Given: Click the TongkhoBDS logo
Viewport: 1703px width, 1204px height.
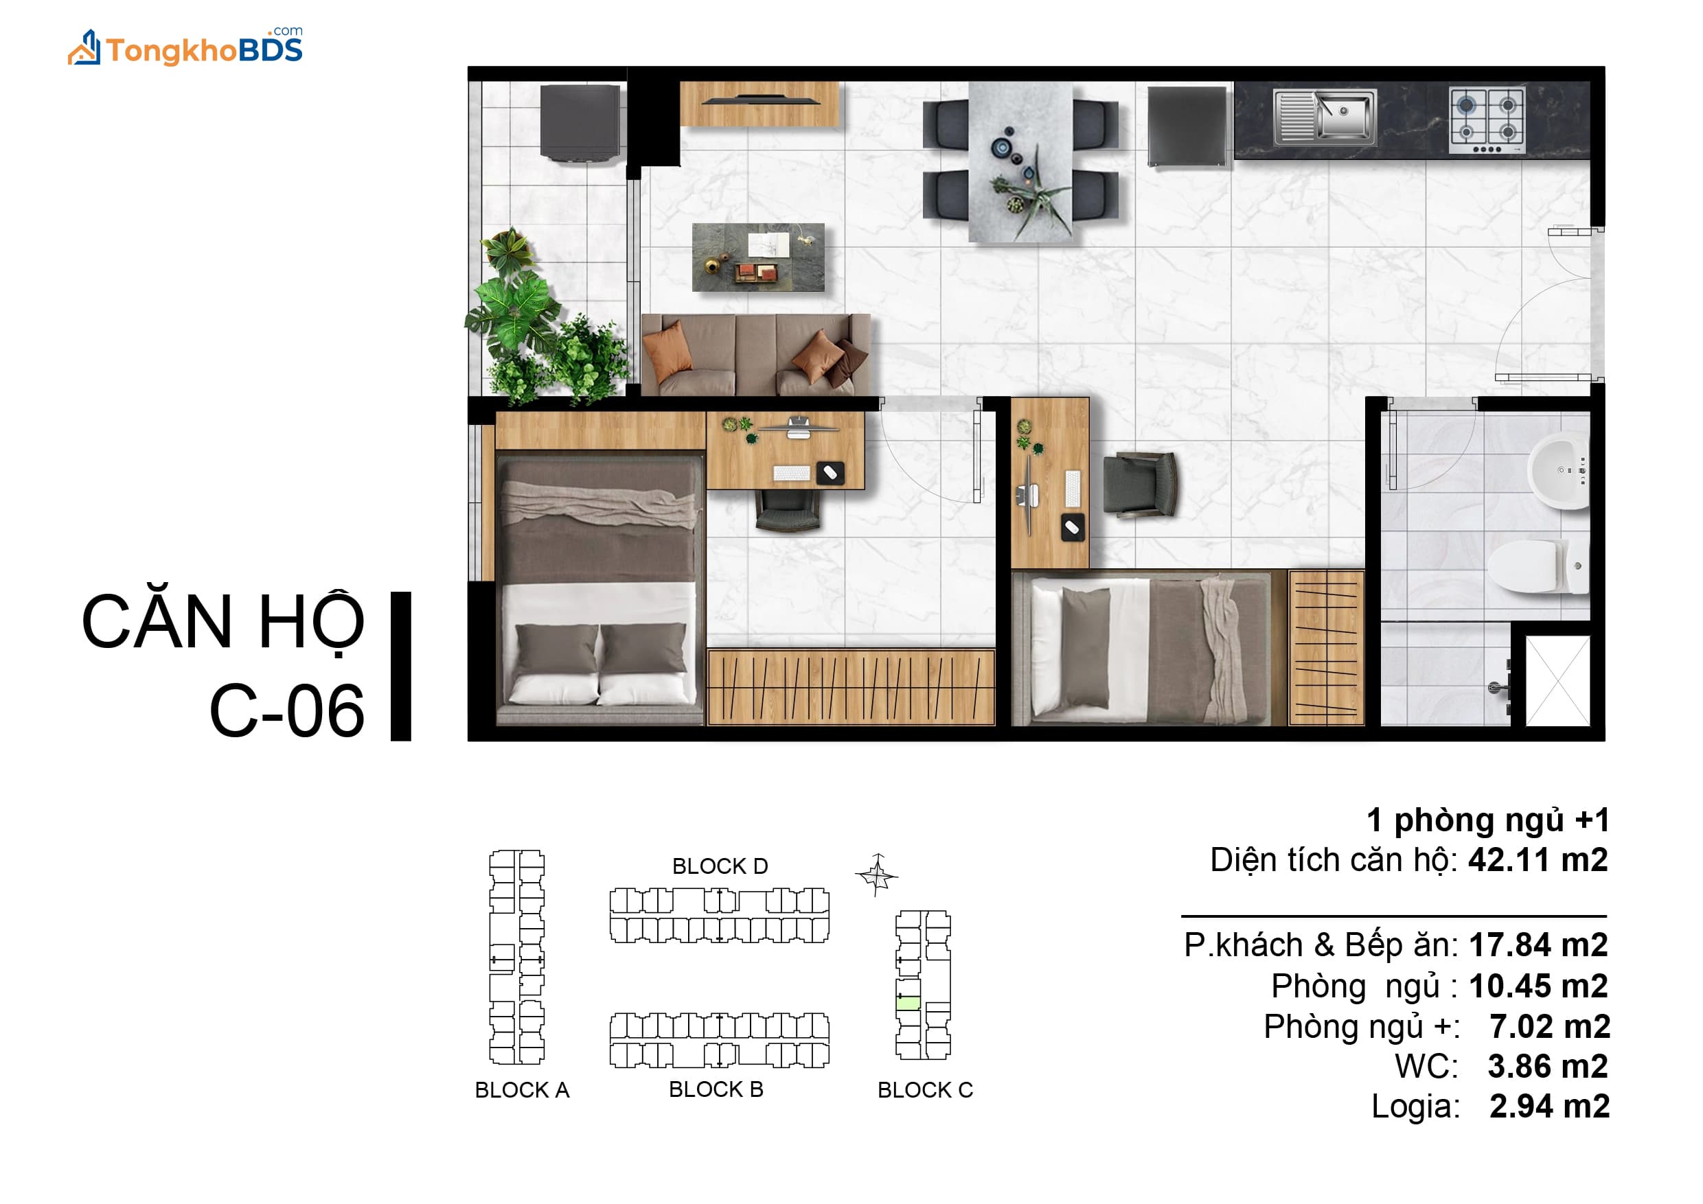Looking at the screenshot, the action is (185, 47).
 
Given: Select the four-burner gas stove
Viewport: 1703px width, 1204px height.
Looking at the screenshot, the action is (1487, 121).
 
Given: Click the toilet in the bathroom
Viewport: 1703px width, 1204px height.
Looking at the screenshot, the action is (1538, 566).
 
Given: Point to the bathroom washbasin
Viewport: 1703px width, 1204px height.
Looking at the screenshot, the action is (1557, 471).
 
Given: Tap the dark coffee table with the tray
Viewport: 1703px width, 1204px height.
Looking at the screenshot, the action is (758, 257).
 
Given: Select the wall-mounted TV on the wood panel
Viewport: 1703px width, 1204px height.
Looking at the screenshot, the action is (760, 100).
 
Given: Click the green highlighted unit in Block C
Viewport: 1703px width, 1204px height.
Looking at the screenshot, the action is (908, 1004).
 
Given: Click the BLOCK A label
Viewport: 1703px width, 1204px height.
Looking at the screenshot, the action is (522, 1090).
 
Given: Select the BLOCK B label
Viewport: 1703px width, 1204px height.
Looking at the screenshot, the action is (716, 1089).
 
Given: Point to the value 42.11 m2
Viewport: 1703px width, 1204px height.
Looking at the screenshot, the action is (1538, 860).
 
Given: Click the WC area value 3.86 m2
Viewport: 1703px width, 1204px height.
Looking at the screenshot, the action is (1548, 1066).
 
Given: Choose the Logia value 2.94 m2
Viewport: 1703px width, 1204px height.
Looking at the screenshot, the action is (1549, 1106).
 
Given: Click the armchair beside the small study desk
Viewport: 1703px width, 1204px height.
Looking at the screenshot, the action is (1139, 484).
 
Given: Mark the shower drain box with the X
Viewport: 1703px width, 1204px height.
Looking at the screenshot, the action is (1557, 680).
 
